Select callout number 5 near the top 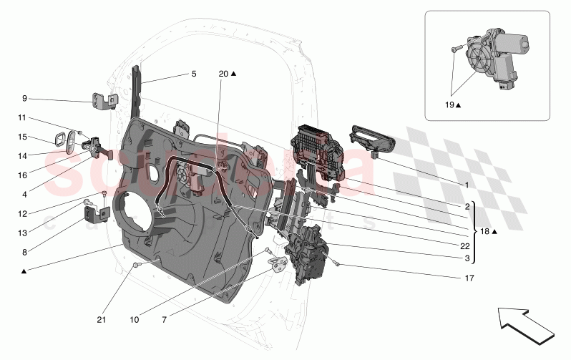[x=193, y=74]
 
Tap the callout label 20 [x=223, y=74]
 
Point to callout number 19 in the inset [x=448, y=104]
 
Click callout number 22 [x=465, y=244]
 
